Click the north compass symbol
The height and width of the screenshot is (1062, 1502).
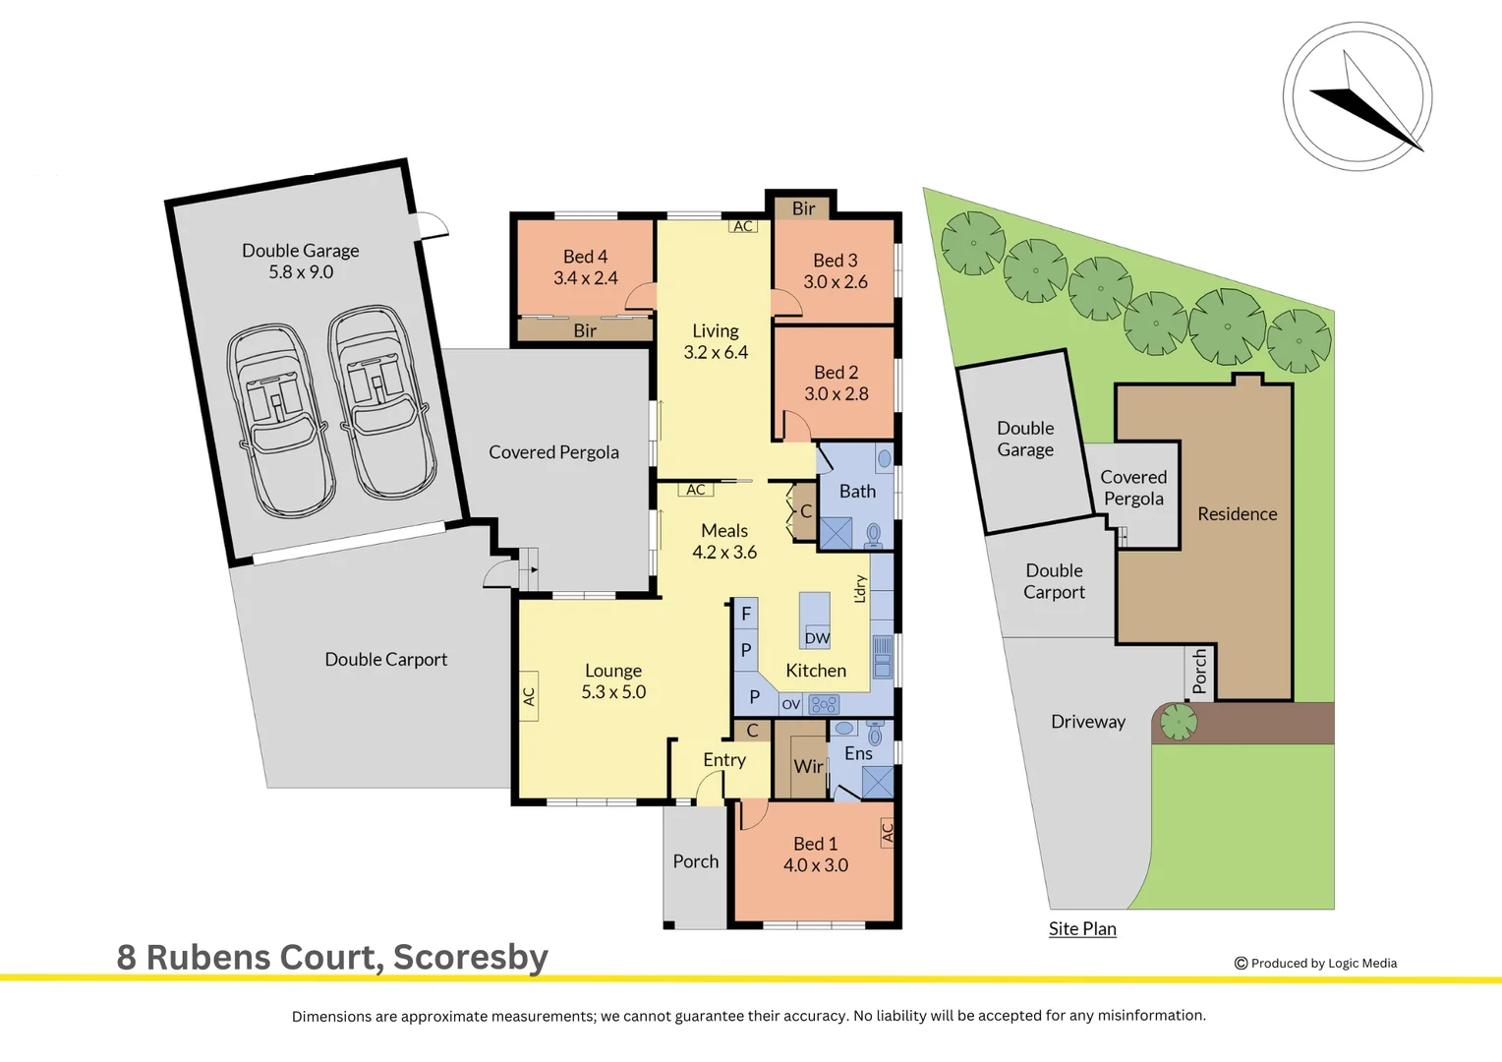click(1358, 96)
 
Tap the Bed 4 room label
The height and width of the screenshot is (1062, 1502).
click(586, 257)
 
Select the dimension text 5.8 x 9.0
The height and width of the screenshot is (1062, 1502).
click(301, 271)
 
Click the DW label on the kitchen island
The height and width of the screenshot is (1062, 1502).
click(817, 638)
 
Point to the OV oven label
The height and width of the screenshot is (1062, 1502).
click(791, 704)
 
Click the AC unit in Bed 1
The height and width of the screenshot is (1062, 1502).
click(887, 833)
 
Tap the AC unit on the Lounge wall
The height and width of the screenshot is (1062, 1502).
click(529, 696)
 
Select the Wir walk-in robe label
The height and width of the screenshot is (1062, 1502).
click(808, 766)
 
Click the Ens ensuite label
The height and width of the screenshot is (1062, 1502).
click(858, 753)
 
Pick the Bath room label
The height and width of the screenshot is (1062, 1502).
click(857, 491)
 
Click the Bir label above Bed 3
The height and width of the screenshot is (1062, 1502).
click(803, 208)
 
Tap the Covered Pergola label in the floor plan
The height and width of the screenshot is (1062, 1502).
click(553, 452)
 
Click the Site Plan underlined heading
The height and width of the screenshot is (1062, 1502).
click(1082, 928)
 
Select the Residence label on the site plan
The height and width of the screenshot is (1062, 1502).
click(1238, 514)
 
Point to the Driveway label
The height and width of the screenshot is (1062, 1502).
click(1087, 722)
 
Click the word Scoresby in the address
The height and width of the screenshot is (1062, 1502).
click(471, 958)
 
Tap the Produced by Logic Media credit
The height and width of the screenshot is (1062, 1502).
click(1315, 964)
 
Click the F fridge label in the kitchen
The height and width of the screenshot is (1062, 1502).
click(746, 614)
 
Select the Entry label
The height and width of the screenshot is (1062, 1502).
click(724, 760)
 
